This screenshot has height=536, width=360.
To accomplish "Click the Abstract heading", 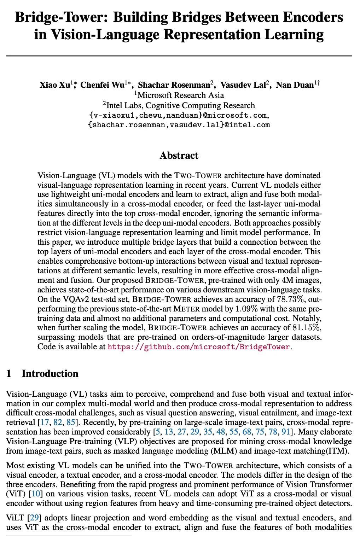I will coord(179,156).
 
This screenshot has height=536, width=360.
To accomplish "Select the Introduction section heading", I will coord(50,374).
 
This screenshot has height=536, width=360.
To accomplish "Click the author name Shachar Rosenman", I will coord(174,85).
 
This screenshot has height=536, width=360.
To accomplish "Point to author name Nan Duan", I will coord(295,85).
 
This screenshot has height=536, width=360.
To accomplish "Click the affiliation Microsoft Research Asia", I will coord(180,95).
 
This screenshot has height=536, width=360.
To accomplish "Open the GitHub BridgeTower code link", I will coord(199,347).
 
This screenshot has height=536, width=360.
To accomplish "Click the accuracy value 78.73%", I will coord(290,299).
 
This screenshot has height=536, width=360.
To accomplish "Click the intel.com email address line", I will coord(179,125).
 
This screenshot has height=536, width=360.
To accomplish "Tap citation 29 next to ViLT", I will coord(34,518).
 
